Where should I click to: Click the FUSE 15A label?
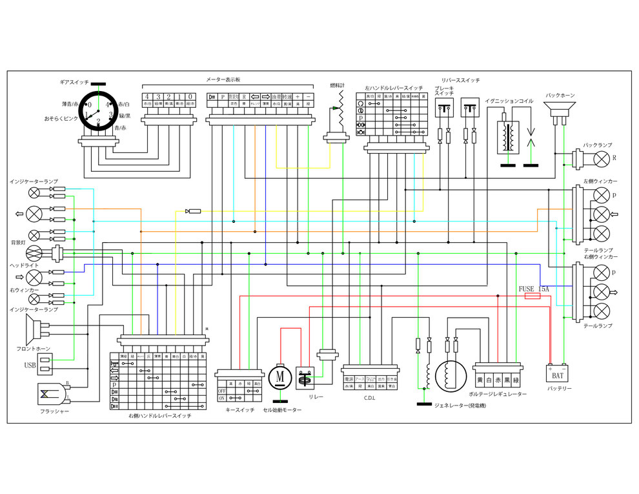533,289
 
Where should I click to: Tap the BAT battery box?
556,374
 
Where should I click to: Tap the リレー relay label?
316,396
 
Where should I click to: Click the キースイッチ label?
239,409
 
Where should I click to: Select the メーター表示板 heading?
223,79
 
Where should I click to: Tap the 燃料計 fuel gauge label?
337,85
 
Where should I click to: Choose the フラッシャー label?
56,411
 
